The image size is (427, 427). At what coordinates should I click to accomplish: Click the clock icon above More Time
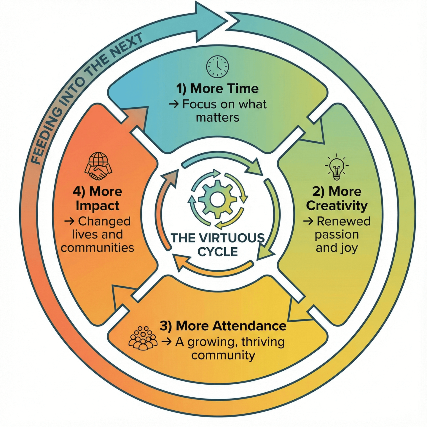tap(218, 66)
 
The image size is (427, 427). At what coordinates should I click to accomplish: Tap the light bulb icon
tap(337, 167)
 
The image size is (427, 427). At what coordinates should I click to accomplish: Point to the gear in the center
tap(217, 199)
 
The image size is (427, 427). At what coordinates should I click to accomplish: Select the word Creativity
tap(337, 205)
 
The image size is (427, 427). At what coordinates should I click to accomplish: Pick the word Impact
tap(98, 205)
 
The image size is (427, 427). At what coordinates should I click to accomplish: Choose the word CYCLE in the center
tap(218, 252)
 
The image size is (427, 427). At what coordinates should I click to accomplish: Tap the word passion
tap(337, 235)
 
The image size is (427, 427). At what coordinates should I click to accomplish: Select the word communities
tap(98, 247)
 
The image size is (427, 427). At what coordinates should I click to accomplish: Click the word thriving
tap(263, 342)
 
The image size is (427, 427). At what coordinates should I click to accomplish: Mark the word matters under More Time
tap(218, 117)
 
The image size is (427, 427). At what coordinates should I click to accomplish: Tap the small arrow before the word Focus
tap(173, 104)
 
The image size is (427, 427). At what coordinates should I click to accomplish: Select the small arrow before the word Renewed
tap(308, 221)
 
